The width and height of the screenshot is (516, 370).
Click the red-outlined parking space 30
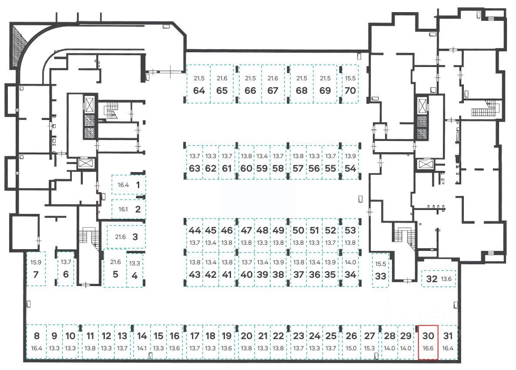click(428, 343)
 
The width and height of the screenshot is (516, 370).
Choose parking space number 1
click(129, 185)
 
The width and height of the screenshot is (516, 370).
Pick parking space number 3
click(126, 237)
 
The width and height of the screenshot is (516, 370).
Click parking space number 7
click(36, 269)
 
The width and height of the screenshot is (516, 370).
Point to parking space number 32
click(439, 279)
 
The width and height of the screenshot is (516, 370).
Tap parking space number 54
click(350, 162)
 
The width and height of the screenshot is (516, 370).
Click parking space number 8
click(37, 342)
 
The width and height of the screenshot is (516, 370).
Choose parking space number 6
click(66, 269)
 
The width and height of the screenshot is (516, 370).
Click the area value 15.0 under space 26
click(352, 348)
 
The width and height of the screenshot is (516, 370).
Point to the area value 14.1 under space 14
click(142, 348)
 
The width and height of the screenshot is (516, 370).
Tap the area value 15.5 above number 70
click(350, 78)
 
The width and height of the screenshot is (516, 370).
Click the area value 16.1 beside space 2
click(123, 209)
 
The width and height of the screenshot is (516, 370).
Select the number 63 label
click(195, 169)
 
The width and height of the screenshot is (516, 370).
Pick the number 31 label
click(448, 336)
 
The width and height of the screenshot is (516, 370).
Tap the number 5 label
click(115, 275)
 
